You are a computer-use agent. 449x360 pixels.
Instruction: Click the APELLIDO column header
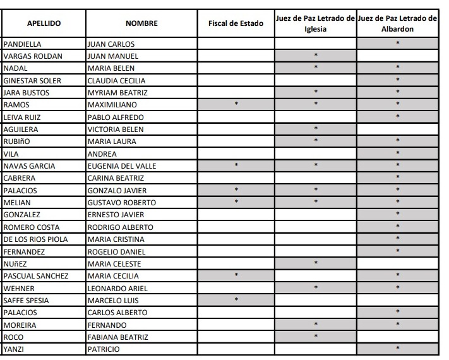pyautogui.click(x=44, y=23)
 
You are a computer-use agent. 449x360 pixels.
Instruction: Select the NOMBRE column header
pyautogui.click(x=141, y=23)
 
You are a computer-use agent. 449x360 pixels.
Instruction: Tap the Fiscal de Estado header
pyautogui.click(x=236, y=23)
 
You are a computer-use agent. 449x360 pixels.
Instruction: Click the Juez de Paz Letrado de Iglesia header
pyautogui.click(x=315, y=23)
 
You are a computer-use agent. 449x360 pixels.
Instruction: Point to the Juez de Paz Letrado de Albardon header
pyautogui.click(x=397, y=23)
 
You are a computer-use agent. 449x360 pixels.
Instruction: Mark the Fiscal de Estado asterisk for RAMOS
pyautogui.click(x=236, y=104)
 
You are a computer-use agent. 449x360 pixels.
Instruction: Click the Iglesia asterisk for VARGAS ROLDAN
pyautogui.click(x=315, y=56)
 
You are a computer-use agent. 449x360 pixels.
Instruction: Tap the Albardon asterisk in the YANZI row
pyautogui.click(x=397, y=349)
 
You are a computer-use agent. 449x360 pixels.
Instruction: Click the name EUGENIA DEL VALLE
pyautogui.click(x=122, y=165)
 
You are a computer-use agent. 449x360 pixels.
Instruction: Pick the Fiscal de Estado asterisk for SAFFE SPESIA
pyautogui.click(x=236, y=300)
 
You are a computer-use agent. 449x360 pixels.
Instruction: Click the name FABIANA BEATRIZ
pyautogui.click(x=117, y=337)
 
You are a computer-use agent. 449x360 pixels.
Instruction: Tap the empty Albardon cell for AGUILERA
pyautogui.click(x=397, y=129)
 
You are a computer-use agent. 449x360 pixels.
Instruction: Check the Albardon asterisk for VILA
pyautogui.click(x=397, y=153)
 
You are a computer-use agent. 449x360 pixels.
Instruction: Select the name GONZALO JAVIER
pyautogui.click(x=116, y=190)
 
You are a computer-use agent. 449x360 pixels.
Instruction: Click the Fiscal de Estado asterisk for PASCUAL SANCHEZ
pyautogui.click(x=236, y=275)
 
